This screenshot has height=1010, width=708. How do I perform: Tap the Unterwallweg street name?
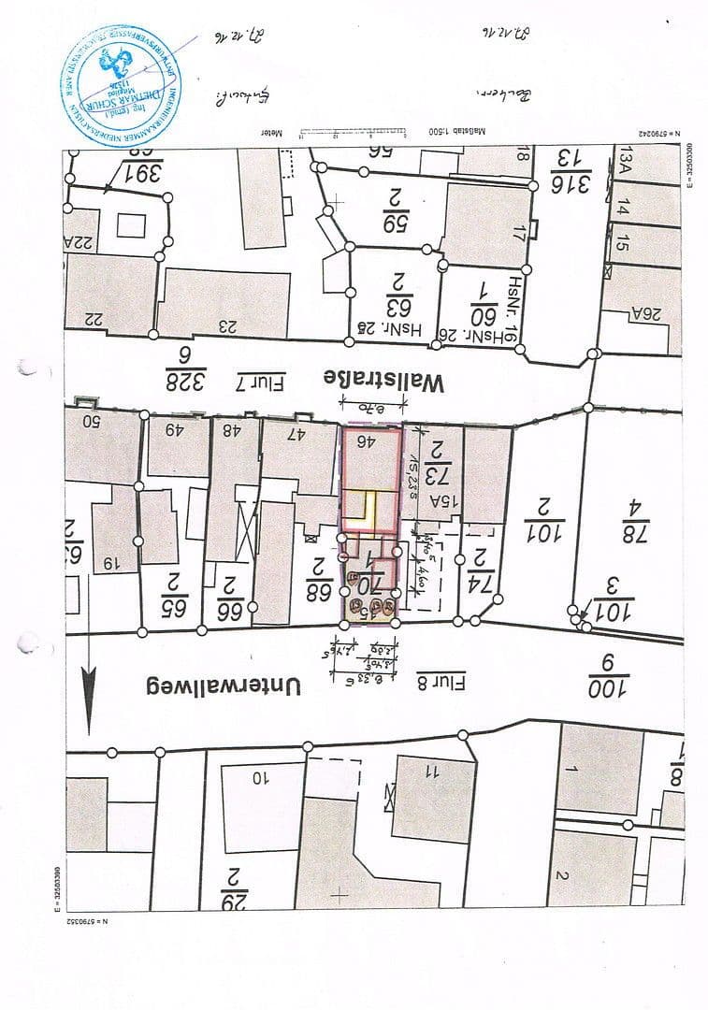(x=222, y=685)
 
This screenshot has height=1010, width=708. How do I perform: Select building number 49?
(x=175, y=430)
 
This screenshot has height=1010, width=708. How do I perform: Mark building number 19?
(x=110, y=563)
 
